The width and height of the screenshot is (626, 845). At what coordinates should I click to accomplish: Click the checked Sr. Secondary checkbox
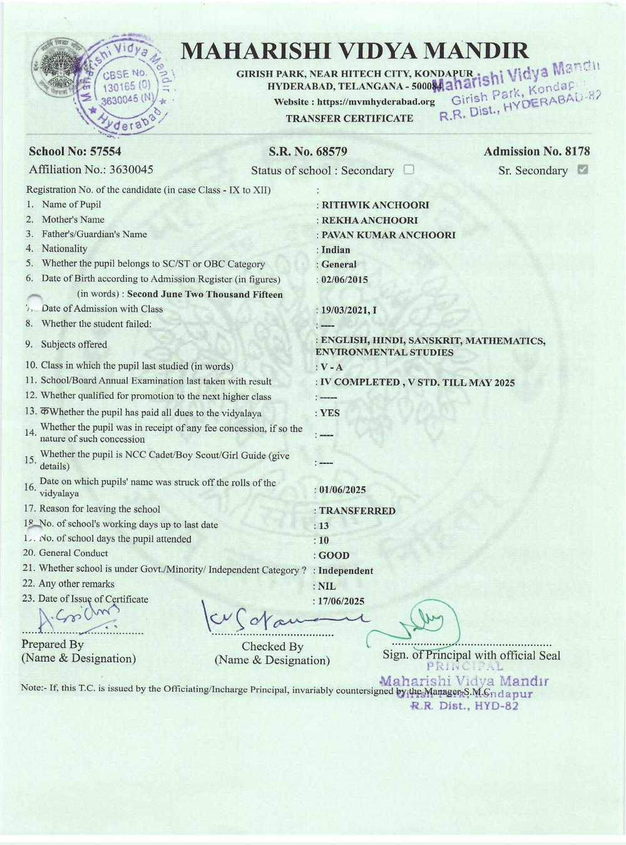pos(582,170)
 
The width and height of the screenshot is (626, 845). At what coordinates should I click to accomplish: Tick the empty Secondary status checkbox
pos(409,170)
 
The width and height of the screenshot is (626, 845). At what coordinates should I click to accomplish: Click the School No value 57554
pos(106,151)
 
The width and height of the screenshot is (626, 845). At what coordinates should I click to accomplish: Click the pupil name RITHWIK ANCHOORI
pos(375,205)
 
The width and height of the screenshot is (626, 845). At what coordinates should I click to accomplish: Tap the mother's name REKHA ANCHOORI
pos(369,220)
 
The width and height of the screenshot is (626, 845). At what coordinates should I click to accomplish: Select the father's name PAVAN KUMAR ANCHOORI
pos(388,235)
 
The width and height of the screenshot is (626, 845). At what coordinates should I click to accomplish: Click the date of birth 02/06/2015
pos(344,280)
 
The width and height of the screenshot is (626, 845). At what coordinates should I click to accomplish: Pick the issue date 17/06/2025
pos(341,602)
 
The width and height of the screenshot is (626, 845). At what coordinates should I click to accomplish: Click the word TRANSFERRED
pos(357,511)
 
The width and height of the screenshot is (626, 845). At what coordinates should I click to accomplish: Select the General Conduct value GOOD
pos(334,555)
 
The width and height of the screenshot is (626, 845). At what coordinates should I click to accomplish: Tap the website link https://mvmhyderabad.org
pos(376,102)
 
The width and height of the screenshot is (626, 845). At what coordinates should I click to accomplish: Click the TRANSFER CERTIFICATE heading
pos(349,118)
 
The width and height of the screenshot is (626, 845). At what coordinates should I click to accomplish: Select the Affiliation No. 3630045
pos(131,170)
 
